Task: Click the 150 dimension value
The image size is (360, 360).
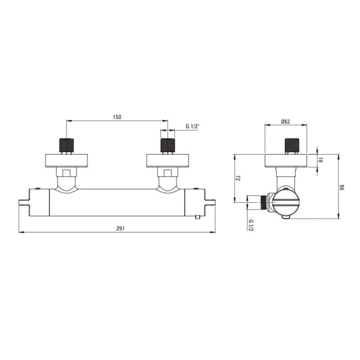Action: pyautogui.click(x=117, y=117)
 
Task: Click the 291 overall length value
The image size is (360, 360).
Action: pyautogui.click(x=120, y=229)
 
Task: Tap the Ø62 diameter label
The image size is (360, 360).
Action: pyautogui.click(x=286, y=121)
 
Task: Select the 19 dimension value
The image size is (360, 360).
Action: pyautogui.click(x=321, y=160)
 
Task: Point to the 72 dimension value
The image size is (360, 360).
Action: pyautogui.click(x=238, y=178)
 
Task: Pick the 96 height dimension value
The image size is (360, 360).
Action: pyautogui.click(x=342, y=188)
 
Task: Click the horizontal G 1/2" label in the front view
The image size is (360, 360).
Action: pyautogui.click(x=193, y=126)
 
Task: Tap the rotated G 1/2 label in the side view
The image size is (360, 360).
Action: pyautogui.click(x=251, y=225)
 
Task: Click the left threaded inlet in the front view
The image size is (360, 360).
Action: pyautogui.click(x=67, y=145)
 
